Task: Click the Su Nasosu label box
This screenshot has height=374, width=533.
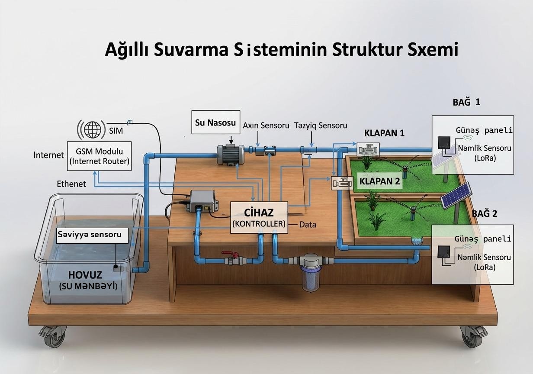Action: pos(215,123)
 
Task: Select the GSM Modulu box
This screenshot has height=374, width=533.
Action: pos(100,156)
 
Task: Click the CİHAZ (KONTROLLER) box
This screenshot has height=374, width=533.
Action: pos(259,217)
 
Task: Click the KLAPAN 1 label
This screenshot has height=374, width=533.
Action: pos(384,133)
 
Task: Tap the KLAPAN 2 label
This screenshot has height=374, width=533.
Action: pos(379,181)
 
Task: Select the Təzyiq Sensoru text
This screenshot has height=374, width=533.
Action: pos(321,126)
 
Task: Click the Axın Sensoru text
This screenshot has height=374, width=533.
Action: pos(266,126)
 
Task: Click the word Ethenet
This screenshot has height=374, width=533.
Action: pos(71,184)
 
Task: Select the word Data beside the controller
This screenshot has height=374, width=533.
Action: pos(308,225)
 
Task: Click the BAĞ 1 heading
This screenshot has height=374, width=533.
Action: pos(466,102)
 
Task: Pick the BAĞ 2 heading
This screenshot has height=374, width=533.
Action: pos(484,214)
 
